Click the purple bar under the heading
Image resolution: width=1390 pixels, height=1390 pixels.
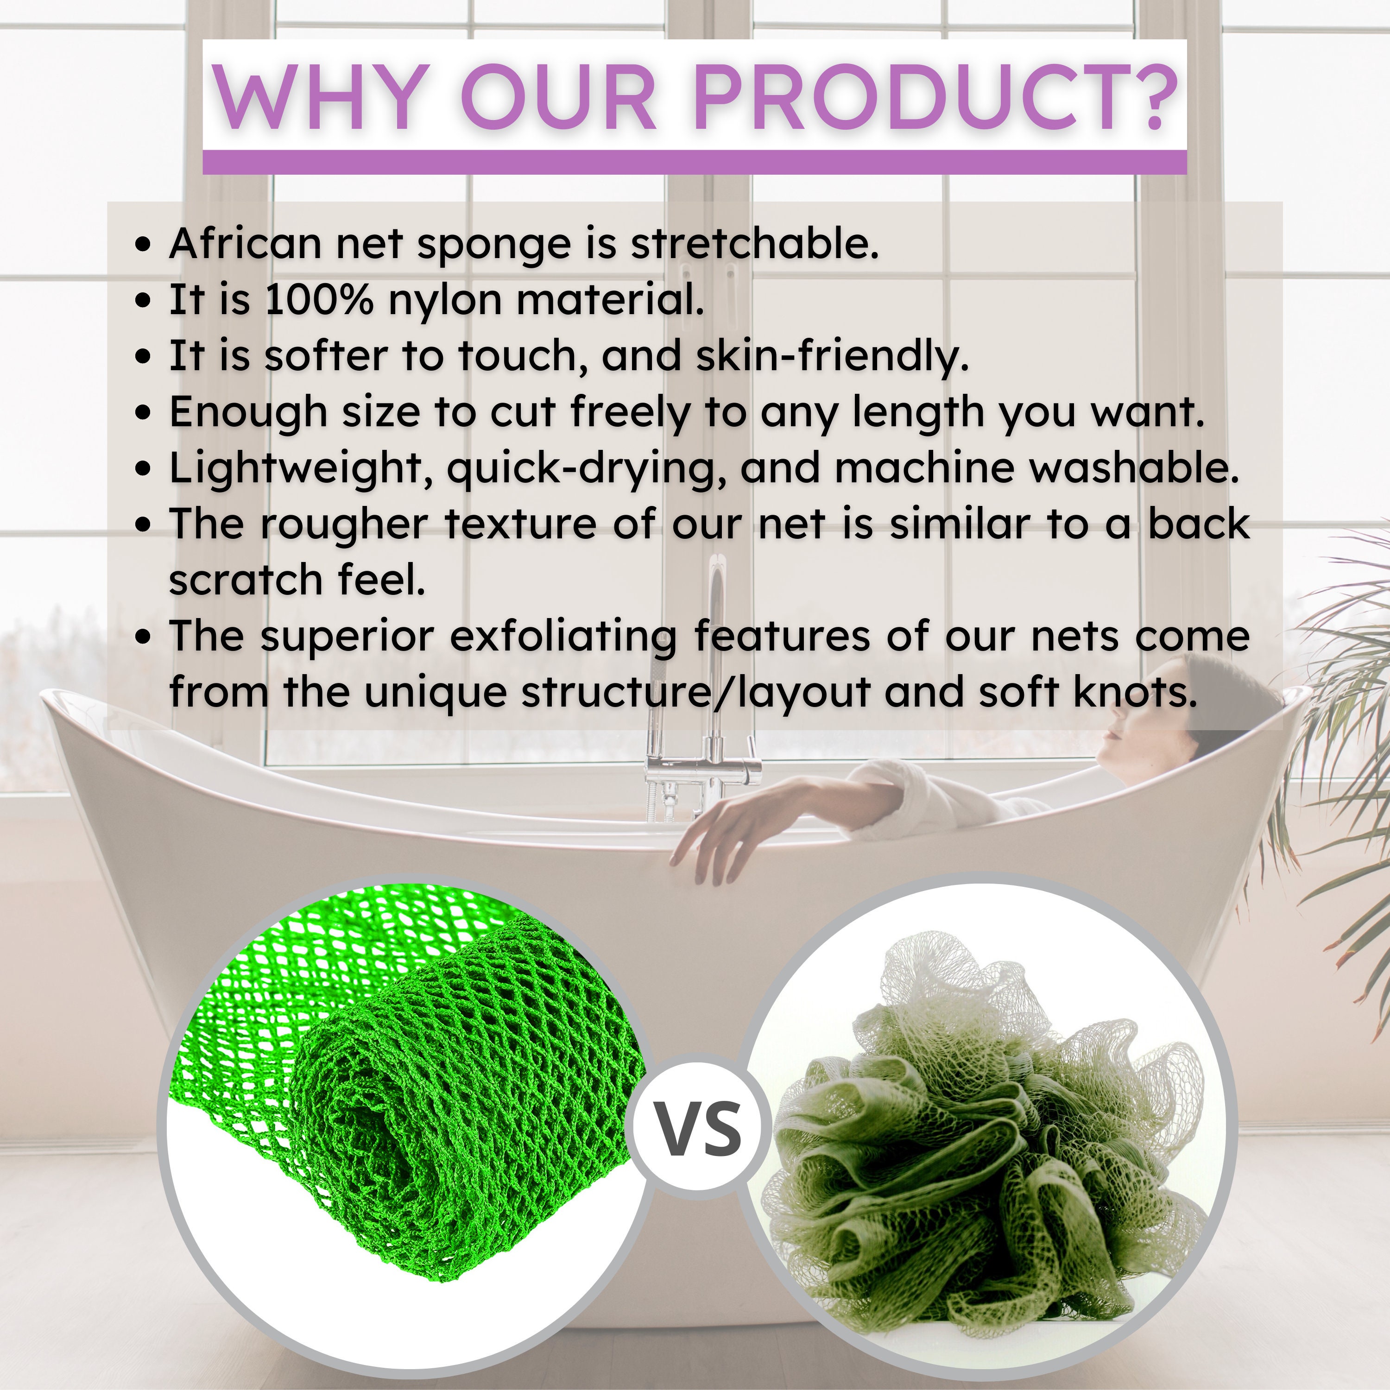coord(694,162)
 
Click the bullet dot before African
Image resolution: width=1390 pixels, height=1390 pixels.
coord(144,245)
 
